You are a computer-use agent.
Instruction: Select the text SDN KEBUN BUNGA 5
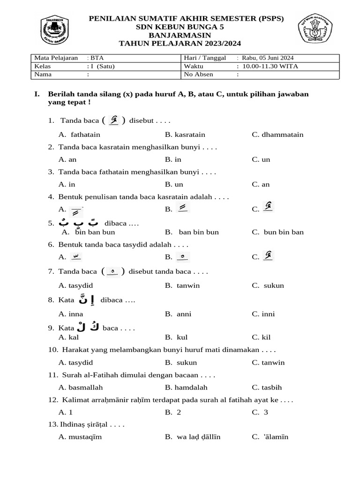[180, 27]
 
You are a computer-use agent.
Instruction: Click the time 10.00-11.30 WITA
[270, 66]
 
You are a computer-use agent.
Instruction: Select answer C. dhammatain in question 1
[277, 135]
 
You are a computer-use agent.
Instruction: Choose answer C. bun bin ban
[277, 232]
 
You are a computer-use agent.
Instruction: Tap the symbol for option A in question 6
[75, 256]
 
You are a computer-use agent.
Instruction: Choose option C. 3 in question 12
[260, 412]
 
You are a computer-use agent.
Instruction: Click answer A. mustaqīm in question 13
[80, 437]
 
